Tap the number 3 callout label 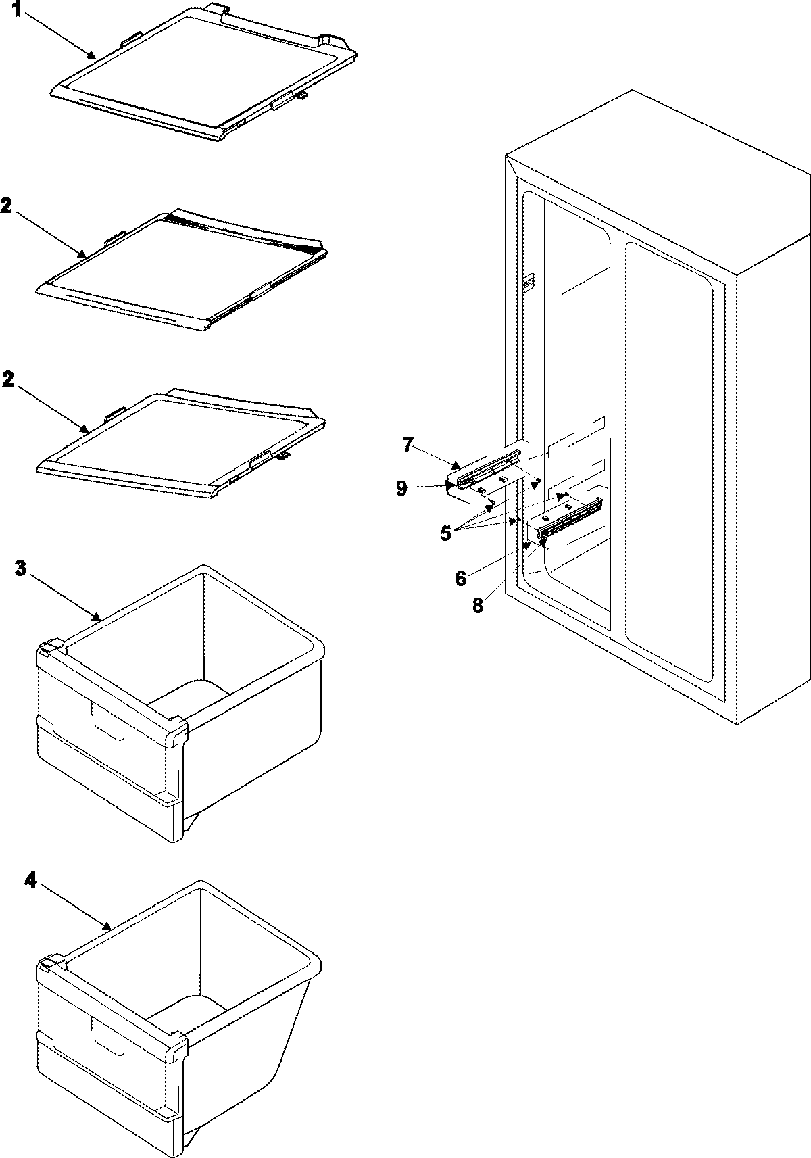21,569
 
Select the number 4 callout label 30,880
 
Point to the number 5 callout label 446,533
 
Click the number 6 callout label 461,578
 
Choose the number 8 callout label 478,605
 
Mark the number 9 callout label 402,487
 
